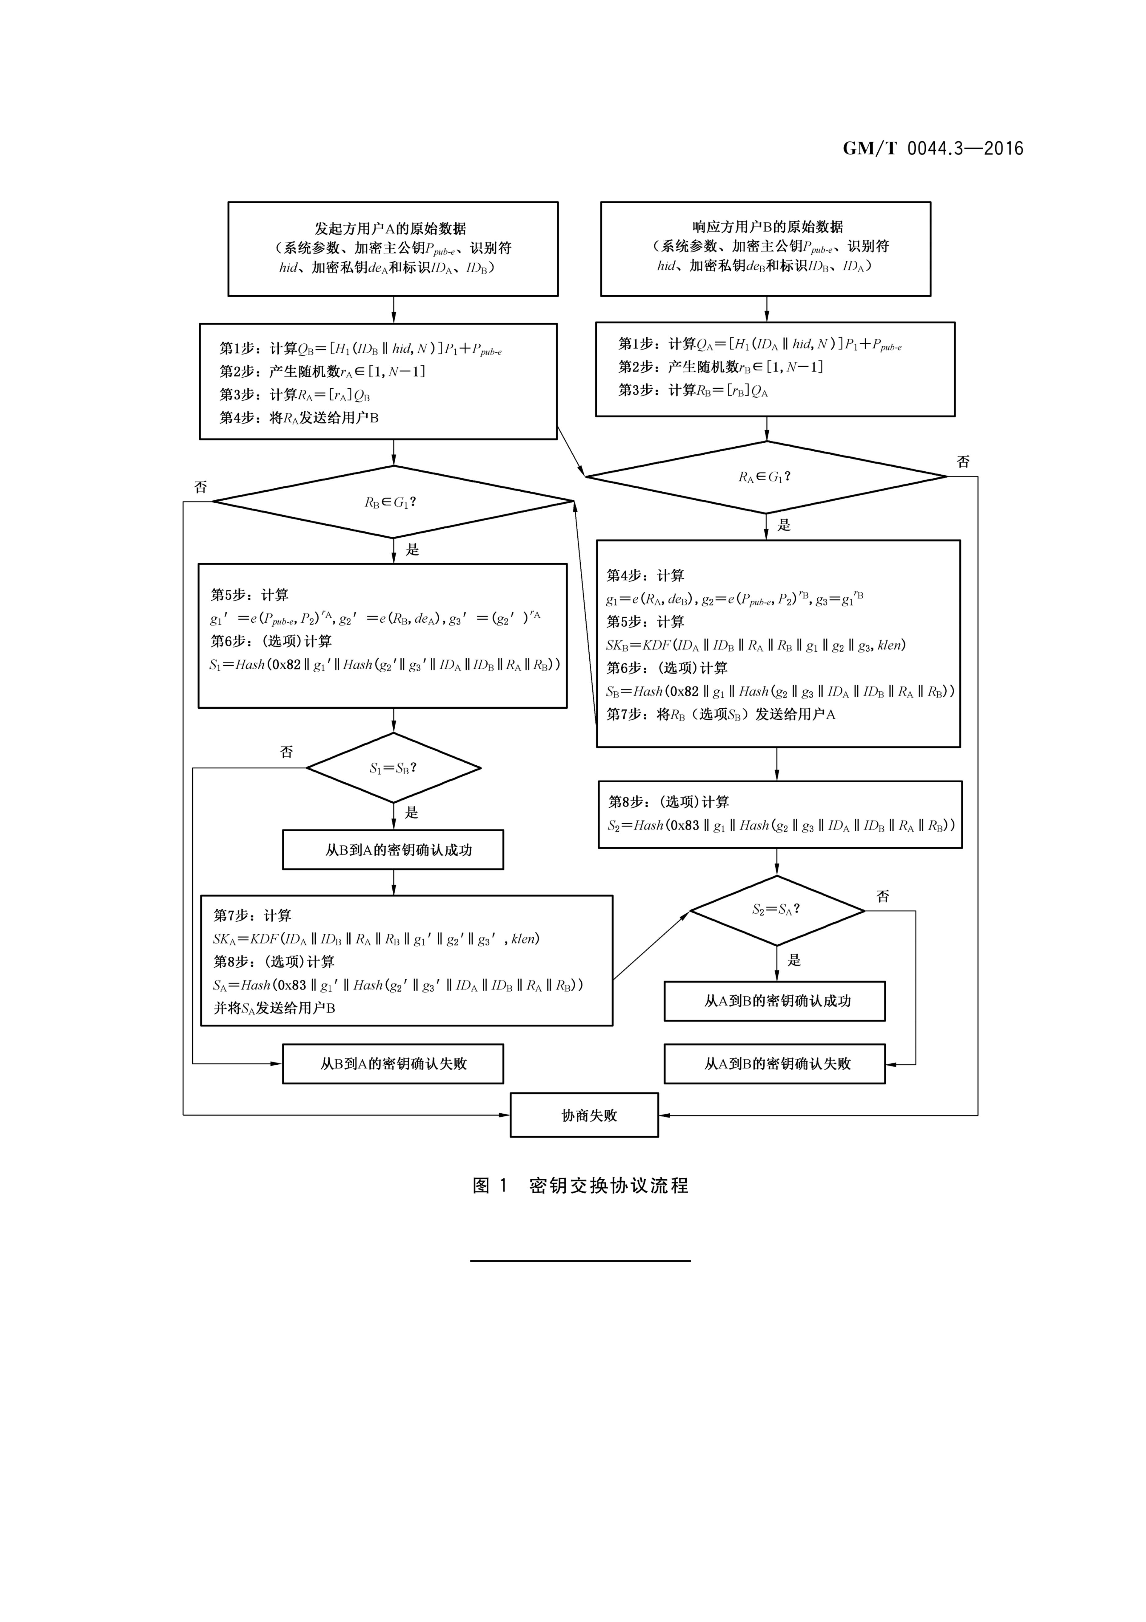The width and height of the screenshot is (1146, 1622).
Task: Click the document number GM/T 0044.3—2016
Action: (932, 148)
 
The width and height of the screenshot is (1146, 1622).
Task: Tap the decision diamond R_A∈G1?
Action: (766, 477)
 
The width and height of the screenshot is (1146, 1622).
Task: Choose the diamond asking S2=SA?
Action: (777, 910)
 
